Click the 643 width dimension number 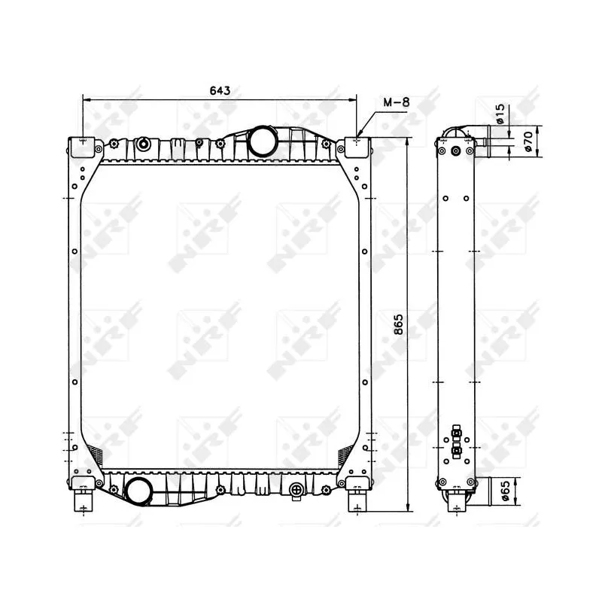coord(219,90)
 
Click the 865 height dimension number coord(399,324)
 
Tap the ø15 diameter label coord(500,114)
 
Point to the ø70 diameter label coord(528,140)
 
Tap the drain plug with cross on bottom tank coord(296,491)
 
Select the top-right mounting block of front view coord(357,147)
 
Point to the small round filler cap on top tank coord(144,143)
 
